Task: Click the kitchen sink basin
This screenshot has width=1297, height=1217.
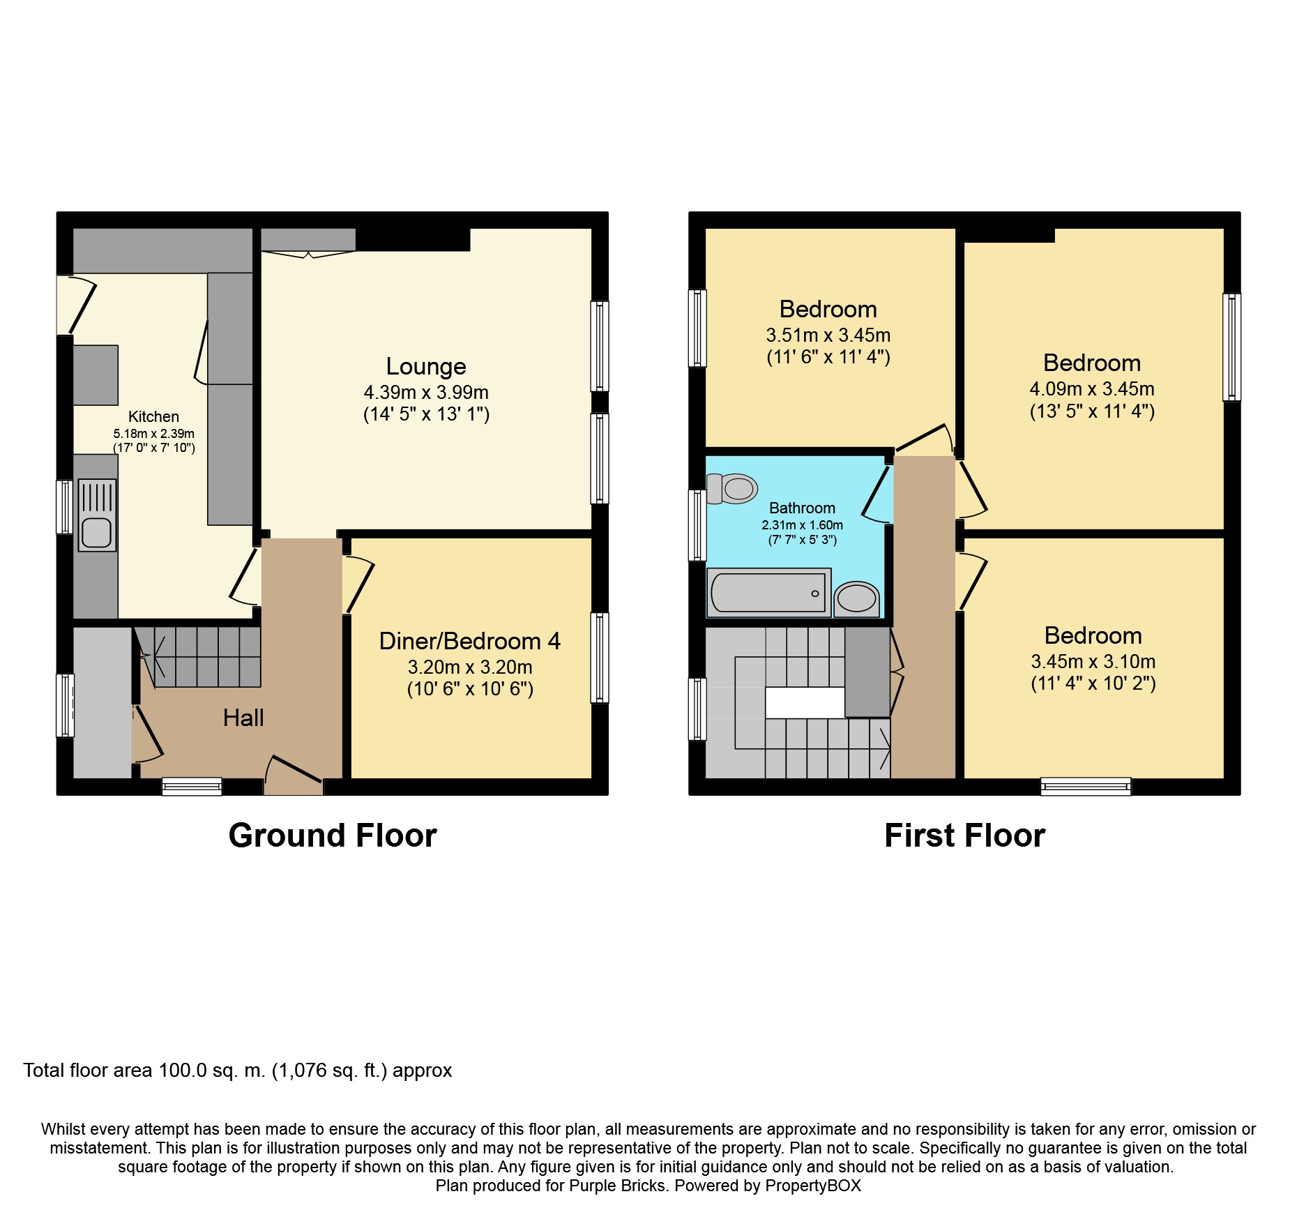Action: point(96,533)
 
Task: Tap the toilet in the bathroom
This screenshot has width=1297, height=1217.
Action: point(734,488)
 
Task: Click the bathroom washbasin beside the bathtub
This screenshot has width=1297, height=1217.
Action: point(856,598)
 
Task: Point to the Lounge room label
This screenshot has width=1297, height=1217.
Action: point(426,366)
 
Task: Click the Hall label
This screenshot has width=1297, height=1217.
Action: point(243,718)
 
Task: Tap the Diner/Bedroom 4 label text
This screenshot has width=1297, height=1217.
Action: point(469,641)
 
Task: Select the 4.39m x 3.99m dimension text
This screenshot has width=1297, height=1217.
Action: point(426,392)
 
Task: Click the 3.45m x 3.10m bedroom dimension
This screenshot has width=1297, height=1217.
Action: point(1093,661)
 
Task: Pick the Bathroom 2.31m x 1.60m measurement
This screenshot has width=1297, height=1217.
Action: point(802,525)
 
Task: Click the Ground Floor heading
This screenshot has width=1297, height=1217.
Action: point(333,836)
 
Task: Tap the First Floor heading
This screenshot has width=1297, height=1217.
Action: point(964,836)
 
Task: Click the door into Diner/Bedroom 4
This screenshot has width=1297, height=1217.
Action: point(358,584)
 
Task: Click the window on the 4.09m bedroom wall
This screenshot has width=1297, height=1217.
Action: point(1231,347)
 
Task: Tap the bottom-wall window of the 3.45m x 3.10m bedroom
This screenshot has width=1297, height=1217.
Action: point(1085,787)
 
